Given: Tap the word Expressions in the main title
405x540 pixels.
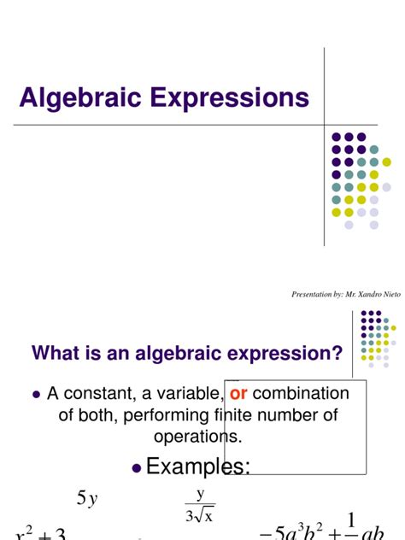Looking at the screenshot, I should (226, 98).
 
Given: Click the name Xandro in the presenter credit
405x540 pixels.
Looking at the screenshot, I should (358, 294).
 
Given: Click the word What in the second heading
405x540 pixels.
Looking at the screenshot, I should (54, 353).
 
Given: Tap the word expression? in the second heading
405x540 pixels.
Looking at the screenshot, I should (294, 353).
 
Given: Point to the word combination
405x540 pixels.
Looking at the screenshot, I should (301, 394).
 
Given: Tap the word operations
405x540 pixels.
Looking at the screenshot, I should (198, 436).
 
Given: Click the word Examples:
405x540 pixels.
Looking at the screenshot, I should (199, 467).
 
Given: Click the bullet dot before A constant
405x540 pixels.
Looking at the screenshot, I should (36, 395).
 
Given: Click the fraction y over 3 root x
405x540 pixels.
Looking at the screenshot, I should (201, 504).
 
